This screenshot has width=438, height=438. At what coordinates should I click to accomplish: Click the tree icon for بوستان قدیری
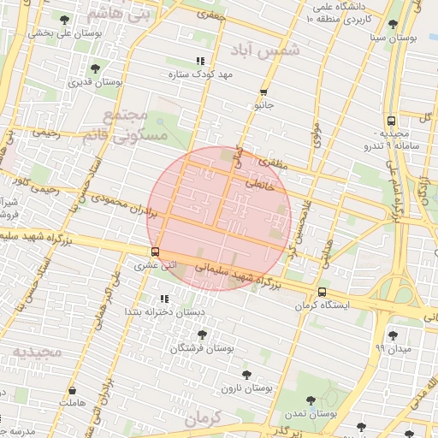[94, 69]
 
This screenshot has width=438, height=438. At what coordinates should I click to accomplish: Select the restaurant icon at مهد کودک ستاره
[200, 61]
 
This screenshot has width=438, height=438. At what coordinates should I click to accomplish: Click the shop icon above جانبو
[263, 92]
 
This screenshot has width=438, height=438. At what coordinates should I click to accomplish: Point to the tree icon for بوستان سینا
[393, 25]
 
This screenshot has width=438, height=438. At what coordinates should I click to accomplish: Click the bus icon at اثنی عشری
[155, 252]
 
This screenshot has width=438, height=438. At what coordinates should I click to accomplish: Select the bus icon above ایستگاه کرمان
[322, 292]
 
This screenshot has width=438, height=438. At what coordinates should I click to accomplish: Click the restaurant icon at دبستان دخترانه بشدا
[163, 299]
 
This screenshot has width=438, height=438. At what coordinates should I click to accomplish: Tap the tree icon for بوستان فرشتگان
[201, 334]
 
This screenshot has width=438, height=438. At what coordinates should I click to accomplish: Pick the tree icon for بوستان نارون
[246, 375]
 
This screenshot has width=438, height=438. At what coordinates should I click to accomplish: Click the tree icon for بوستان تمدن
[310, 400]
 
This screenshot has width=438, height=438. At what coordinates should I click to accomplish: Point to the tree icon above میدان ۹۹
[393, 334]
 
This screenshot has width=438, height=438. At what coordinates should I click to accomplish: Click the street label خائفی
[260, 182]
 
